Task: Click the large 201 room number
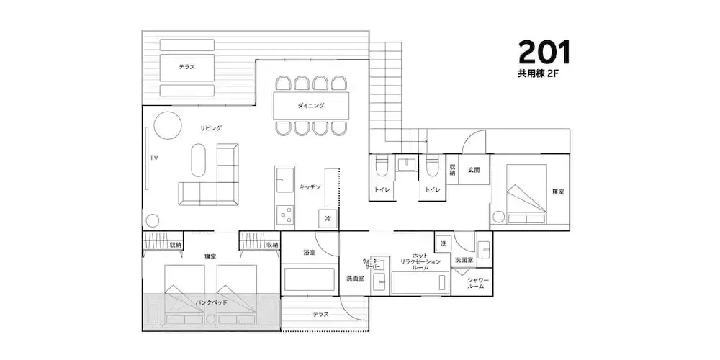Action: [544, 52]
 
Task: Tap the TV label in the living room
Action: [154, 158]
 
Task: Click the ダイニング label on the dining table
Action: [311, 106]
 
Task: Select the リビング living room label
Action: [211, 128]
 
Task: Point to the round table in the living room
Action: [167, 125]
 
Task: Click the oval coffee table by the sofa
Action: [199, 160]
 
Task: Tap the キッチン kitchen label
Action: [310, 187]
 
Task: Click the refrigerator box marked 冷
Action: [328, 219]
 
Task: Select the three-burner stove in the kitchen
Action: [284, 215]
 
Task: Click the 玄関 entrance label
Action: [474, 169]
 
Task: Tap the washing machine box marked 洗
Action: [443, 243]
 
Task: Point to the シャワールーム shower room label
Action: [478, 283]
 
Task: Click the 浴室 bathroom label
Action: [309, 252]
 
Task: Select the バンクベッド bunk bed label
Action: [211, 302]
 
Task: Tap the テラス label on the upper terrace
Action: [187, 66]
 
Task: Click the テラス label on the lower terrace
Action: [320, 314]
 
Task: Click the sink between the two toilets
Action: [406, 164]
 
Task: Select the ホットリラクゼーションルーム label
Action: [420, 261]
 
